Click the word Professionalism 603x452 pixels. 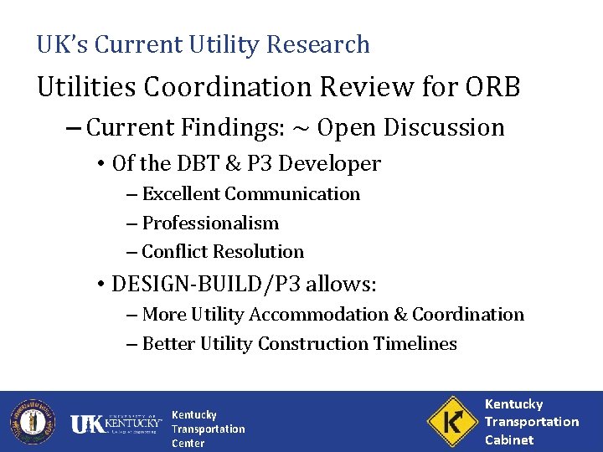210,223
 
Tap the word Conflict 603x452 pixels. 173,252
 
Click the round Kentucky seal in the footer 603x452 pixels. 32,420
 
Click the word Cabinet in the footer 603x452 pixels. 509,439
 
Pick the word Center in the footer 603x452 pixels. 188,443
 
